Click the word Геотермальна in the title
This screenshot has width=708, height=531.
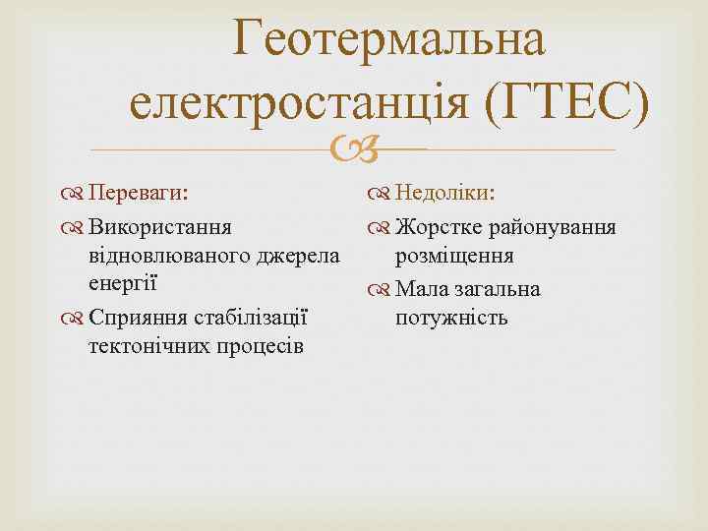pyautogui.click(x=388, y=41)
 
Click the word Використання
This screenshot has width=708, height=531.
pyautogui.click(x=160, y=228)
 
